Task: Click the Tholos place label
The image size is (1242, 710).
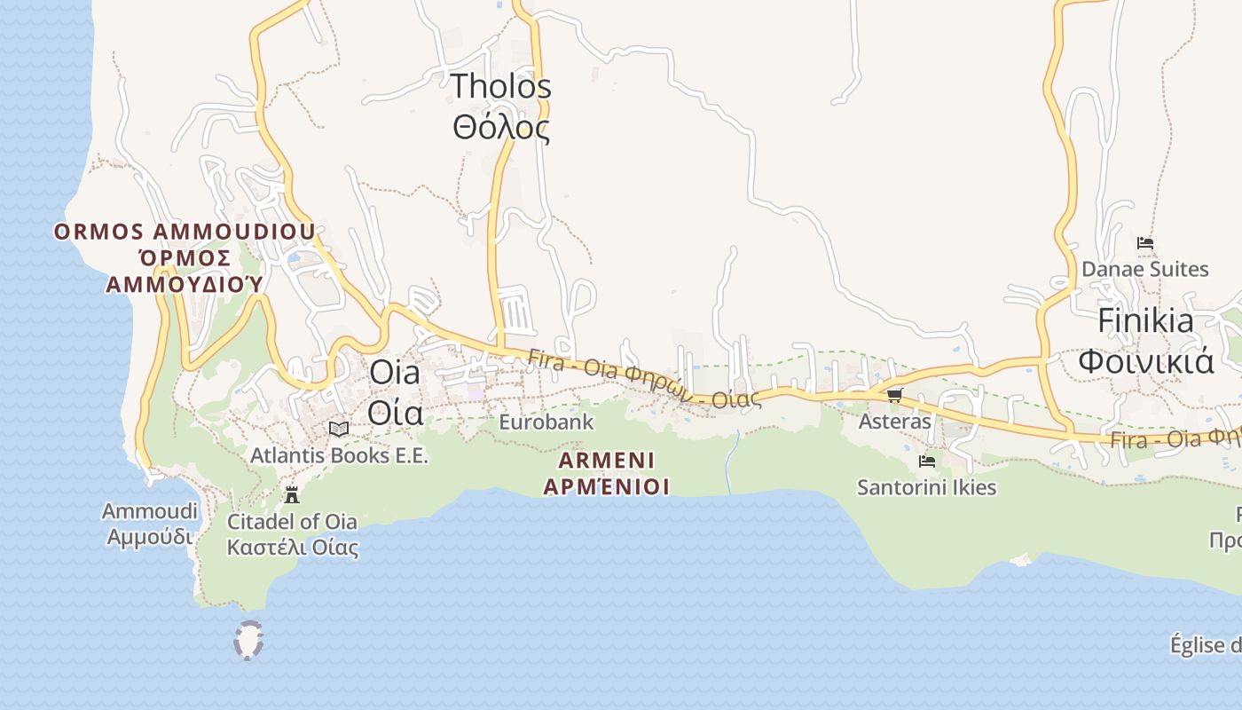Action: click(x=500, y=87)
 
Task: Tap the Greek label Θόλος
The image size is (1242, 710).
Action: click(x=500, y=128)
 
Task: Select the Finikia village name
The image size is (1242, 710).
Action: click(x=1145, y=320)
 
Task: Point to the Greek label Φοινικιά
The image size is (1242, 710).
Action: click(x=1145, y=361)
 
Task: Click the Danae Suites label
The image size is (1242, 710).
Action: click(x=1144, y=269)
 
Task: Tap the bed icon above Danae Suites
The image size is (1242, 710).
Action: click(x=1144, y=243)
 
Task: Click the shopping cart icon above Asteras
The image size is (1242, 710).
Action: click(x=894, y=395)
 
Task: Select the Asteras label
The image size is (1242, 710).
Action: click(x=894, y=421)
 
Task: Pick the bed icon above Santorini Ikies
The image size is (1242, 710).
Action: click(x=927, y=461)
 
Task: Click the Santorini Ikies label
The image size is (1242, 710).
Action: click(x=926, y=487)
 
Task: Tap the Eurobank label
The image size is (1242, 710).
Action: click(x=546, y=422)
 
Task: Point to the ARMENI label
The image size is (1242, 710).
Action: click(x=607, y=461)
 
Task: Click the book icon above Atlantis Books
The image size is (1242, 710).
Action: click(x=338, y=429)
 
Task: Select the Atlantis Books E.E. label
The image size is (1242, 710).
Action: click(x=339, y=455)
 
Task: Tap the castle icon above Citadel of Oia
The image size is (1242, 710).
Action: click(x=292, y=494)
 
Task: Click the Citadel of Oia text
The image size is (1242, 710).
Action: click(x=292, y=521)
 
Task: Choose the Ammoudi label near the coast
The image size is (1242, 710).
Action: click(x=150, y=511)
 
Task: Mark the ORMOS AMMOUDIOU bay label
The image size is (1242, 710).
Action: click(x=185, y=233)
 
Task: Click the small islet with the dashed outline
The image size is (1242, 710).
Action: click(x=248, y=640)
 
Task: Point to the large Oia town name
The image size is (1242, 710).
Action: click(x=394, y=373)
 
